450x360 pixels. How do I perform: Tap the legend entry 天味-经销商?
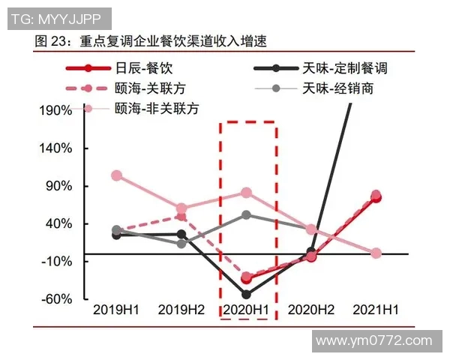pyautogui.click(x=338, y=88)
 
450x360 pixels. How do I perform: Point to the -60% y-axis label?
pyautogui.click(x=57, y=298)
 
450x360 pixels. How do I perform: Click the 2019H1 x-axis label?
pyautogui.click(x=116, y=309)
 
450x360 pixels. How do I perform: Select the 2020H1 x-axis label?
pyautogui.click(x=247, y=309)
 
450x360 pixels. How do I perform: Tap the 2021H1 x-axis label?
pyautogui.click(x=376, y=309)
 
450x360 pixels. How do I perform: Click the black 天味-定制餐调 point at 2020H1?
pyautogui.click(x=247, y=294)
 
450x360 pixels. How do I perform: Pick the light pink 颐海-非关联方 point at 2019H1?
pyautogui.click(x=116, y=175)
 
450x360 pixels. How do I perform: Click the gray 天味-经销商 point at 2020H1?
pyautogui.click(x=247, y=215)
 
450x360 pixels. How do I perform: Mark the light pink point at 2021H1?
pyautogui.click(x=376, y=253)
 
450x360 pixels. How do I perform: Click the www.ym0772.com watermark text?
pyautogui.click(x=374, y=341)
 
